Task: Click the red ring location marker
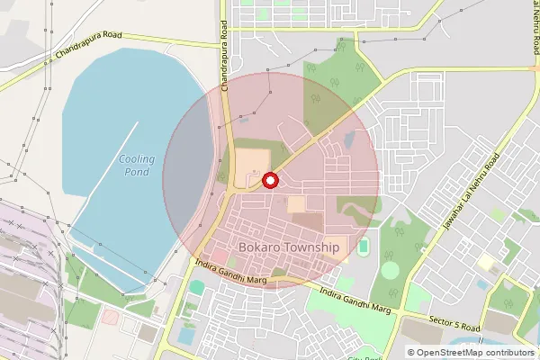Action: pos(269,181)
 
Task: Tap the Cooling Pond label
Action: pos(137,166)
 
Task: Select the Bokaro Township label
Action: pos(289,247)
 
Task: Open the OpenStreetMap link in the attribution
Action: pos(447,353)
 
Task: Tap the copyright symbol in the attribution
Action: pos(410,353)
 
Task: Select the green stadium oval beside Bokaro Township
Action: pos(363,246)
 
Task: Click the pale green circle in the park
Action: pos(390,270)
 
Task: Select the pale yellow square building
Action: pos(487,263)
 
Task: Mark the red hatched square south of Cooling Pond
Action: pos(109,317)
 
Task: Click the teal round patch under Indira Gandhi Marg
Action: pos(196,287)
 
